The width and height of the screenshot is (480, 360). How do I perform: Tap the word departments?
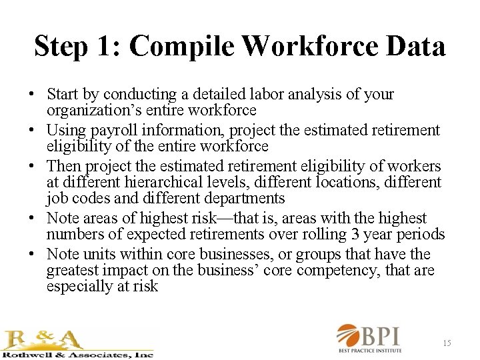click(245, 198)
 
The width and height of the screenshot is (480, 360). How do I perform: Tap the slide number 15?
click(447, 343)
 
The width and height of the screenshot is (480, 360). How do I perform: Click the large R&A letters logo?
click(43, 339)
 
